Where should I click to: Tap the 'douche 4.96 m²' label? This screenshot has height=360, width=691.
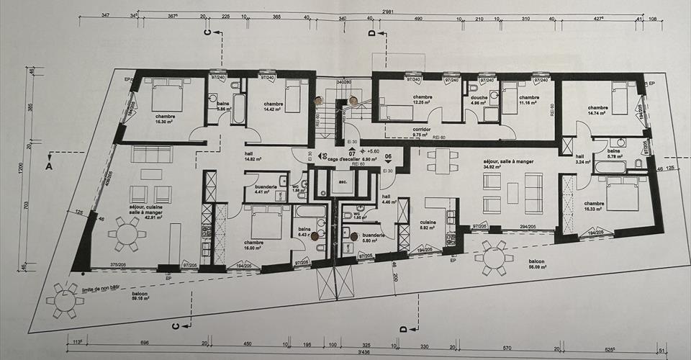pos(479,99)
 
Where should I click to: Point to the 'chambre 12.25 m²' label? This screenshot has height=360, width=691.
pos(422,99)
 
